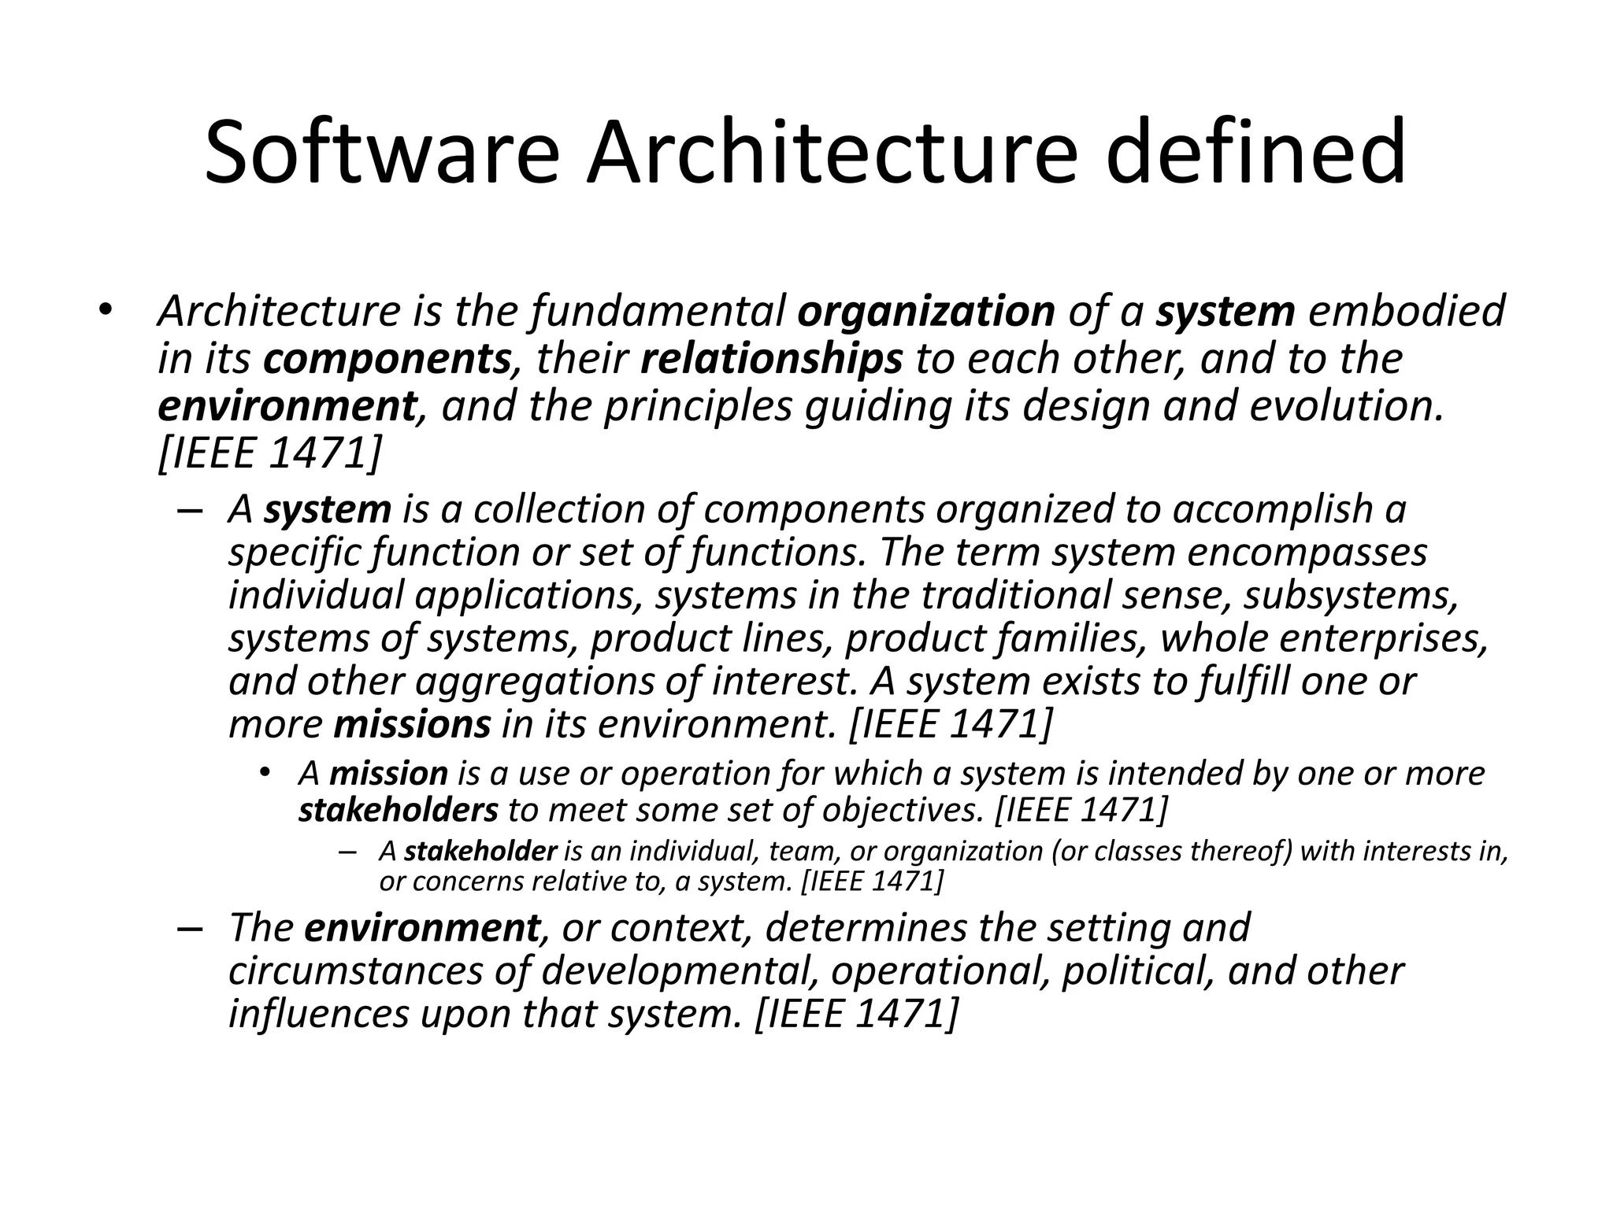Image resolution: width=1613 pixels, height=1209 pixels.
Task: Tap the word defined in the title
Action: pyautogui.click(x=1255, y=153)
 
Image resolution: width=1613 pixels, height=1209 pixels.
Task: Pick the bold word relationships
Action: pyautogui.click(x=772, y=360)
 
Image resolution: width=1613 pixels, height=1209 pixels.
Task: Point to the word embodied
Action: pyautogui.click(x=1407, y=311)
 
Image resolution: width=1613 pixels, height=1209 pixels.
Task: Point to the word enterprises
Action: pyautogui.click(x=1384, y=638)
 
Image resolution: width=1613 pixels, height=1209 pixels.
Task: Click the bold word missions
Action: pyautogui.click(x=412, y=725)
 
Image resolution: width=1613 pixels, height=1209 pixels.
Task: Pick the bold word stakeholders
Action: pyautogui.click(x=399, y=810)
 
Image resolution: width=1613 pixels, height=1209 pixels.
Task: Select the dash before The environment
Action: pyautogui.click(x=191, y=928)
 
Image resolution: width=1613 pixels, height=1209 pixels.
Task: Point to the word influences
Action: pyautogui.click(x=319, y=1015)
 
